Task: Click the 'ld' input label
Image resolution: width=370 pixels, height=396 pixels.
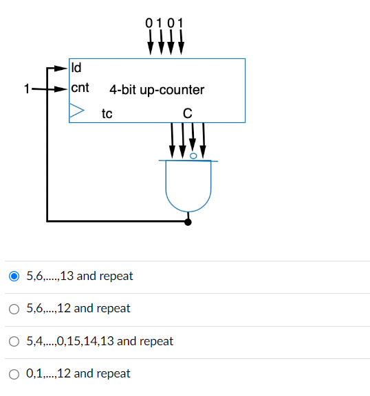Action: coord(76,68)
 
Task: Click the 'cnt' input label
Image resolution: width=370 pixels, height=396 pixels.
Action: coord(80,89)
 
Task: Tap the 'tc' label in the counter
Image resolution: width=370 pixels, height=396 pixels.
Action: coord(107,113)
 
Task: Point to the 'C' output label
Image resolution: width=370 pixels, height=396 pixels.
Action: coord(187,113)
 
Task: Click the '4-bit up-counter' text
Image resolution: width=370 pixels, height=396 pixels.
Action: coord(156,90)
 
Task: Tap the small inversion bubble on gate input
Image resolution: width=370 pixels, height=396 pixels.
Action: coord(193,156)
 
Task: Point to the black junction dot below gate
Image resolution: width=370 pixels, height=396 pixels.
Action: coord(188,222)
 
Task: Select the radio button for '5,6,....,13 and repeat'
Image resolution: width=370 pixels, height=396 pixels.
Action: coord(14,277)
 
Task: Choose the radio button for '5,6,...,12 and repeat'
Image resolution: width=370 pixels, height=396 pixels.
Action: coord(14,309)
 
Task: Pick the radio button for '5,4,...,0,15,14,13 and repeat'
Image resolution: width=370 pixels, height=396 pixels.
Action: coord(14,341)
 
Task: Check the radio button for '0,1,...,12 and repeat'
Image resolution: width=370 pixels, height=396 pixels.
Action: coord(14,374)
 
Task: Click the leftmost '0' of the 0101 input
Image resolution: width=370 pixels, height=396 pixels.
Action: coord(150,23)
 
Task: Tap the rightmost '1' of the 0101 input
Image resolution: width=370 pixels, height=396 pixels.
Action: coord(181,23)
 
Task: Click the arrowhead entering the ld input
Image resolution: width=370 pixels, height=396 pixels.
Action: coord(63,69)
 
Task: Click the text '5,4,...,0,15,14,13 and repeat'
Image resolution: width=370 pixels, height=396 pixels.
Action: coord(99,341)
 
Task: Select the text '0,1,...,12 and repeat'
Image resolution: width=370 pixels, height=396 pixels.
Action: coord(78,374)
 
